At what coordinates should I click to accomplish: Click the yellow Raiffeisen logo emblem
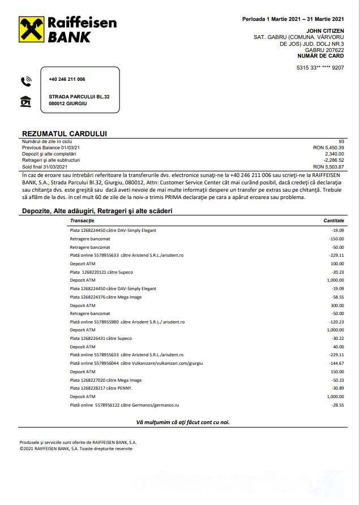32,29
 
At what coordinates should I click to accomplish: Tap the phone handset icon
25,81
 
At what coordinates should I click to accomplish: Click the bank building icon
25,101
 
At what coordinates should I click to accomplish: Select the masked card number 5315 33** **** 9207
320,68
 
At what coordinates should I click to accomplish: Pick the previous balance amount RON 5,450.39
328,148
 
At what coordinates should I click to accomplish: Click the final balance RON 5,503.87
328,167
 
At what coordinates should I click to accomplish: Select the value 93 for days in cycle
341,141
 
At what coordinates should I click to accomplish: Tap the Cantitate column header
333,220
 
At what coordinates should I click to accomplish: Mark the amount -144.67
336,363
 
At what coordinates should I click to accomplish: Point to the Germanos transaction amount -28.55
337,405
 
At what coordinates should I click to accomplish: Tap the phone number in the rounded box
67,79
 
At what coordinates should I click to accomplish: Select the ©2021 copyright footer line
76,448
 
